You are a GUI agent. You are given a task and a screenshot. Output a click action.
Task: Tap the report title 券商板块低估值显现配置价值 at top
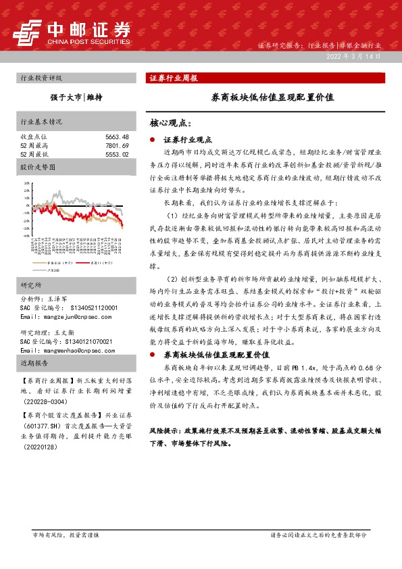pyautogui.click(x=273, y=97)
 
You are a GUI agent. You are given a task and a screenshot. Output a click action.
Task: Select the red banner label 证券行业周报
pyautogui.click(x=174, y=78)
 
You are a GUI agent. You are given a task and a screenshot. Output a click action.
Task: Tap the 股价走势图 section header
pyautogui.click(x=36, y=166)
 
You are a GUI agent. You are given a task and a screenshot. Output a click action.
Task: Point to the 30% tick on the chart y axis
pyautogui.click(x=26, y=183)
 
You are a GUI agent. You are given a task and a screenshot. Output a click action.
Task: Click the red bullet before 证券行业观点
pyautogui.click(x=153, y=139)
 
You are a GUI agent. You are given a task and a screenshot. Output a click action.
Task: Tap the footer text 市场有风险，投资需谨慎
pyautogui.click(x=66, y=535)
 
